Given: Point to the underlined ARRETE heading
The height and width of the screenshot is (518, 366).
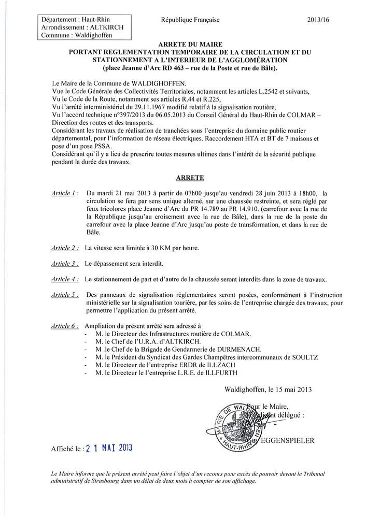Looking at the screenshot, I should click(x=190, y=177).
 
